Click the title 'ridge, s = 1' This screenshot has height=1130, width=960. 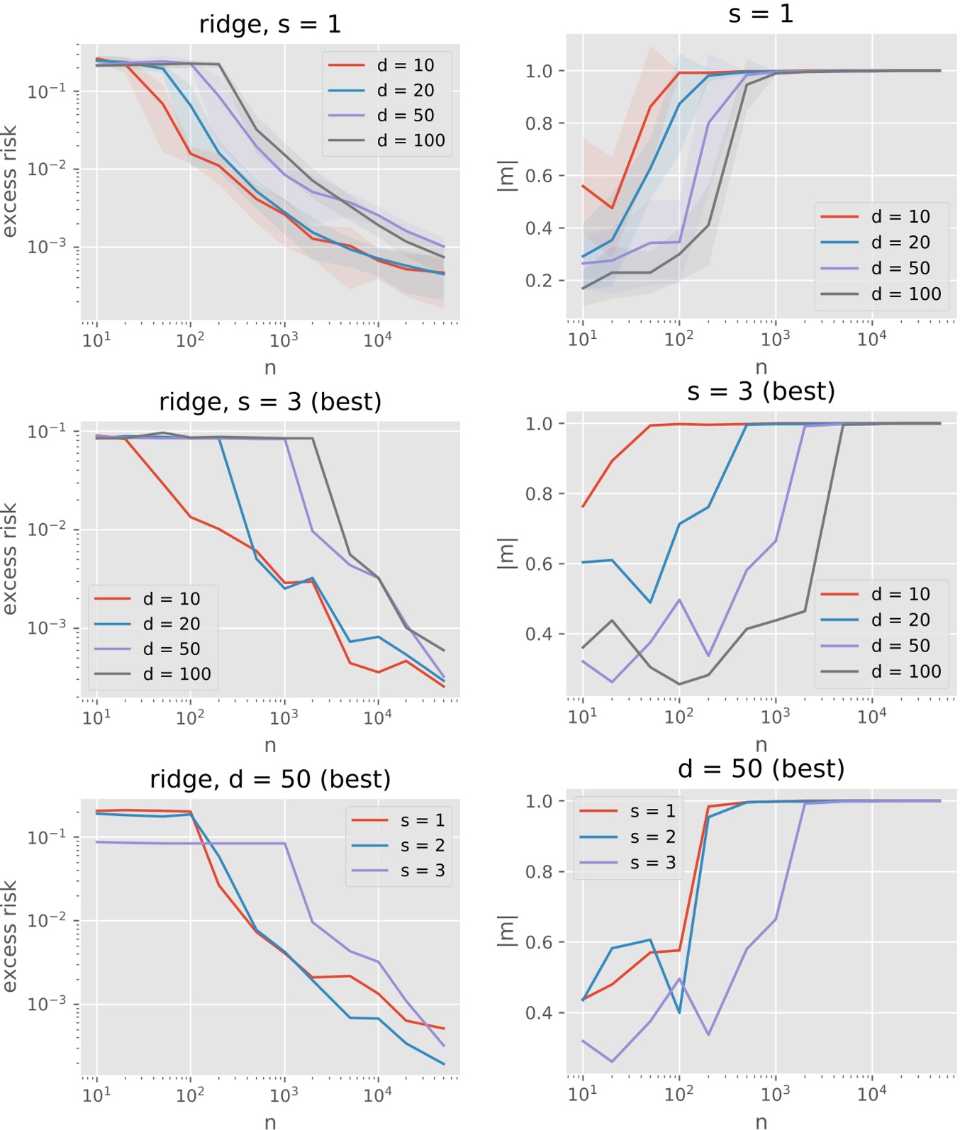[270, 25]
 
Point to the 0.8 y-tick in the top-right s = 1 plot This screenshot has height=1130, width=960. [540, 123]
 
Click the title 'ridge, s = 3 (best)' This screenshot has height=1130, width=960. [270, 402]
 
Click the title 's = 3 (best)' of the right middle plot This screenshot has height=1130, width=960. [761, 391]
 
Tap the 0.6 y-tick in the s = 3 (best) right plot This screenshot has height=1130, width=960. [540, 564]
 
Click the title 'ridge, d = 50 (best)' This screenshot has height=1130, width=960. [270, 779]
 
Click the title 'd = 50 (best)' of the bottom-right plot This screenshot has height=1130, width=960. [761, 768]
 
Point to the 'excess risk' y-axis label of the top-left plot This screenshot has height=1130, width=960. [9, 181]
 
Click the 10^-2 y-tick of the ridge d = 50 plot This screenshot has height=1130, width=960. [47, 920]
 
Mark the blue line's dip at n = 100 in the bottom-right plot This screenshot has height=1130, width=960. [679, 1012]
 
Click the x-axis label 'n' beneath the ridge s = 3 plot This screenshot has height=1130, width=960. [270, 745]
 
